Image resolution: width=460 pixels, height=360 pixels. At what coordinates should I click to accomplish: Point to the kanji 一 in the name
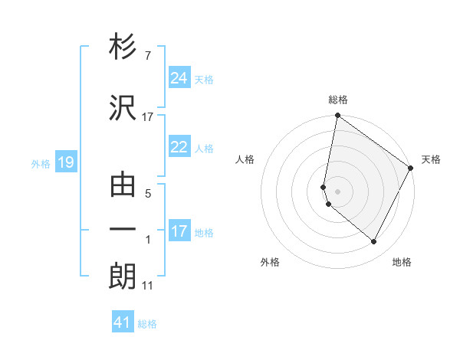[123, 229]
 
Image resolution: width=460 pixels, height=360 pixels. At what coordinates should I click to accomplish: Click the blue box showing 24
[179, 78]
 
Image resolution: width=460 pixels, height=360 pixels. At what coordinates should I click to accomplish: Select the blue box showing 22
[179, 148]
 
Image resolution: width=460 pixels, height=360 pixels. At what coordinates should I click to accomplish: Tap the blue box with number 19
[65, 162]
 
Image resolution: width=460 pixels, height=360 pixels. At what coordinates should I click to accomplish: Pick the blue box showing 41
[123, 322]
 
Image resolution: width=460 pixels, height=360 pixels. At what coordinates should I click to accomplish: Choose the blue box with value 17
[179, 231]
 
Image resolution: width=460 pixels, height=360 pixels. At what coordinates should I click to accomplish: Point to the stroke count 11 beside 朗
[148, 286]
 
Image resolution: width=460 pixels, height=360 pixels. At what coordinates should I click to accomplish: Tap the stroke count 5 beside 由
[148, 195]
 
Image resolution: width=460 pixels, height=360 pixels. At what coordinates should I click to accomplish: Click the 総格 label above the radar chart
[338, 100]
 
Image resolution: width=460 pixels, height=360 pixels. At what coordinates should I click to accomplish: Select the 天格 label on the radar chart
[431, 159]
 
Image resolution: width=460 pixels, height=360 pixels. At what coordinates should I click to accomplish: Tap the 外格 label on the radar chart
[270, 262]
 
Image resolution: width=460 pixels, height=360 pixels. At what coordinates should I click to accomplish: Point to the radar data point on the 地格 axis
[374, 242]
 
